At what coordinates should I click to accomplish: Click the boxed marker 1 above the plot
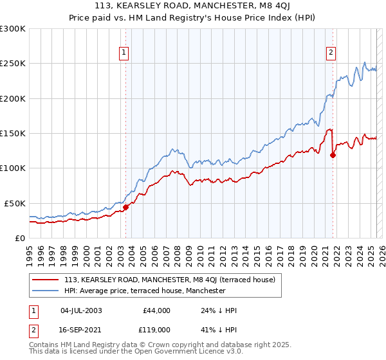[124, 53]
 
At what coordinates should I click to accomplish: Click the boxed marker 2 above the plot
[331, 53]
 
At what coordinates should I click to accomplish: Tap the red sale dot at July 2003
[126, 207]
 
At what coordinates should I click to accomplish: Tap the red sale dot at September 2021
[333, 154]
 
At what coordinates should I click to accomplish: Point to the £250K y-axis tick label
[13, 64]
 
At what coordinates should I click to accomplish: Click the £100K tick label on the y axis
[13, 168]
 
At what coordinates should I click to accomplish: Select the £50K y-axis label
[15, 203]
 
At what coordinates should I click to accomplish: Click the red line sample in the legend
[46, 280]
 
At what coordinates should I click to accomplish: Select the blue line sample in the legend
[46, 291]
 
